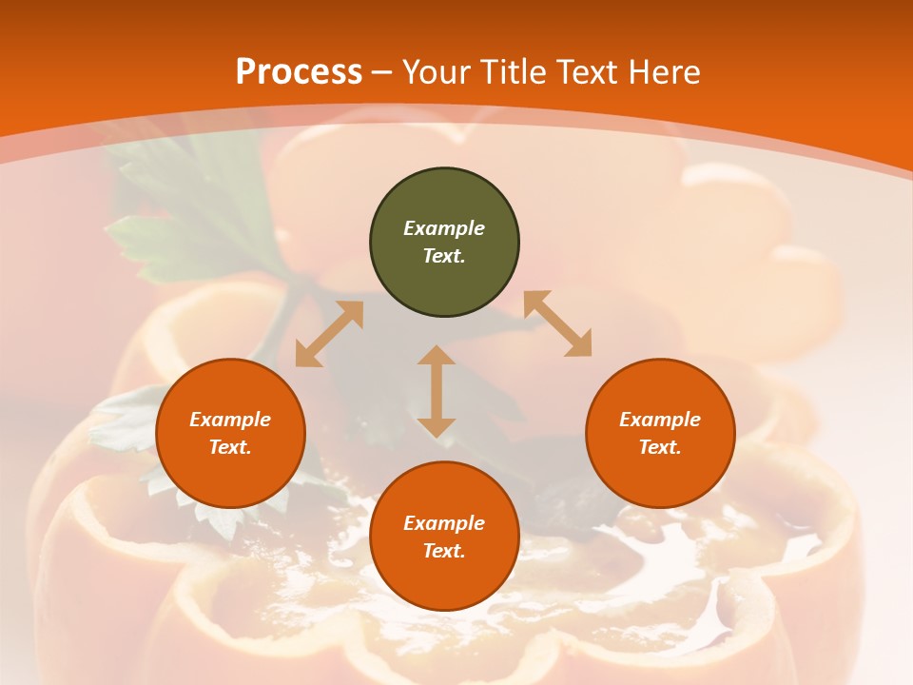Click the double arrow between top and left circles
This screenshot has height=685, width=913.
pyautogui.click(x=329, y=334)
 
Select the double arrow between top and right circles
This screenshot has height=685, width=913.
pyautogui.click(x=557, y=323)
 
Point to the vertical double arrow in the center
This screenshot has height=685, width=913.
pyautogui.click(x=437, y=391)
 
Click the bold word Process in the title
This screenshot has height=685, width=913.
pyautogui.click(x=299, y=72)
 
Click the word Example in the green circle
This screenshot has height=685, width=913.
pyautogui.click(x=444, y=228)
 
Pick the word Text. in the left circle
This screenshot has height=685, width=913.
pyautogui.click(x=230, y=447)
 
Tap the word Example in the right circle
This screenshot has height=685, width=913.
pyautogui.click(x=660, y=420)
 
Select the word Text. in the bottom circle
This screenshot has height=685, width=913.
pyautogui.click(x=444, y=551)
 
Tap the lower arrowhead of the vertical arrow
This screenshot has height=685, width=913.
pyautogui.click(x=437, y=427)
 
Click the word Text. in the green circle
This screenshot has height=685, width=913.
pyautogui.click(x=444, y=256)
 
